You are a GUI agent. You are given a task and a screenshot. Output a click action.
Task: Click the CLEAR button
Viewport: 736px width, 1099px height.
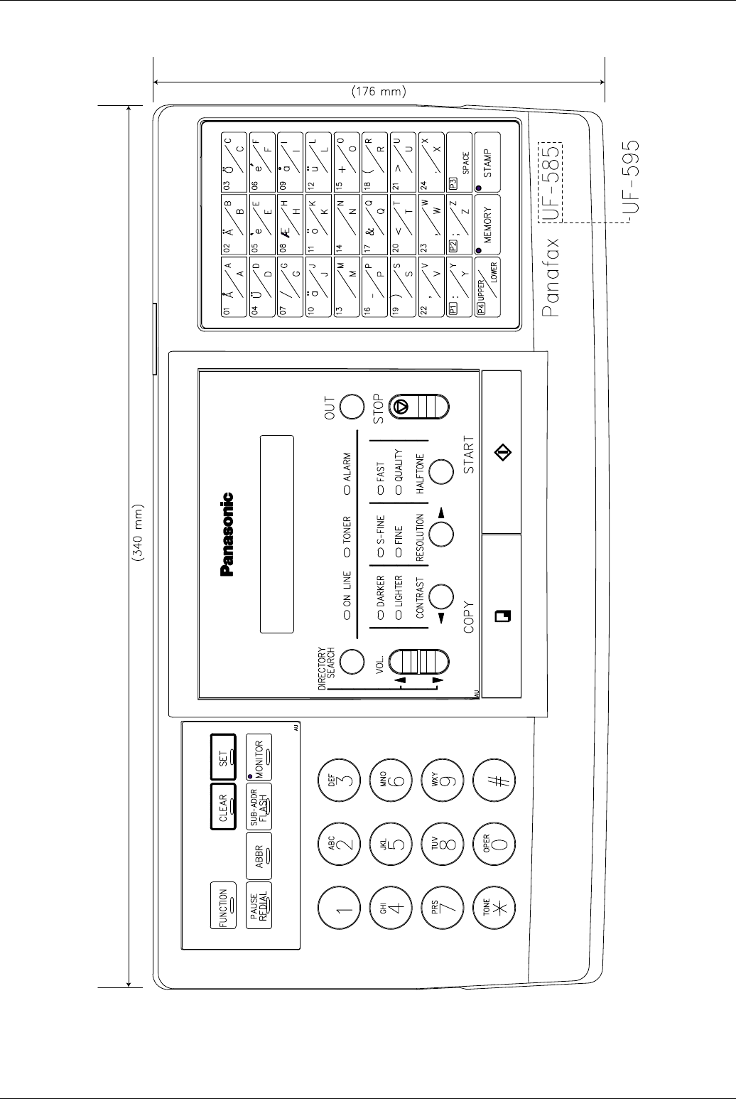tap(224, 807)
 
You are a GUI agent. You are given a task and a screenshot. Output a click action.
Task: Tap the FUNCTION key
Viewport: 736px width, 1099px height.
tap(224, 906)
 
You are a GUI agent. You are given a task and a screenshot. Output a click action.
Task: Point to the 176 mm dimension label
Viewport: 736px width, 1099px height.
tap(379, 91)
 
